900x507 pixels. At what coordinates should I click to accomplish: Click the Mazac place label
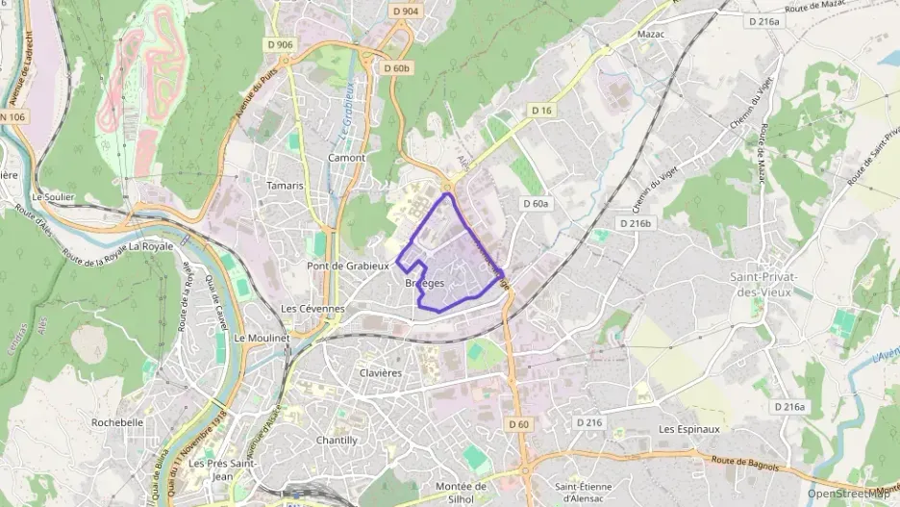pyautogui.click(x=652, y=34)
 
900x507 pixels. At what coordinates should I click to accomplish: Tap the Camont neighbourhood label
pyautogui.click(x=347, y=158)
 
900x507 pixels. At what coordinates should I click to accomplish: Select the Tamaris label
pyautogui.click(x=285, y=186)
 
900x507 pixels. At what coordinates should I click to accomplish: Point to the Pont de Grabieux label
pyautogui.click(x=348, y=266)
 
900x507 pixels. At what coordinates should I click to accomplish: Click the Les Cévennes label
pyautogui.click(x=312, y=309)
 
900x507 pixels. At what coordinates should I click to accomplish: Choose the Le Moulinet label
pyautogui.click(x=262, y=339)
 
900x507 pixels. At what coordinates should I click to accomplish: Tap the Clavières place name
pyautogui.click(x=380, y=372)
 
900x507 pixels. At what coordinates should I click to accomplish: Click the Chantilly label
pyautogui.click(x=337, y=440)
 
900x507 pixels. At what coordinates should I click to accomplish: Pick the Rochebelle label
pyautogui.click(x=117, y=421)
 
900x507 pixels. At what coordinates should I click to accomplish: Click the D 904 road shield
pyautogui.click(x=407, y=12)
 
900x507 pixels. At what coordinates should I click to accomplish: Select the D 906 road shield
pyautogui.click(x=280, y=44)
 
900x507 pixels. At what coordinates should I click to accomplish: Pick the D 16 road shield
pyautogui.click(x=543, y=112)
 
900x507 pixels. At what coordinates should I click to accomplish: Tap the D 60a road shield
pyautogui.click(x=536, y=203)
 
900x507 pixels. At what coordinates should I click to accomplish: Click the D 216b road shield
pyautogui.click(x=636, y=223)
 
